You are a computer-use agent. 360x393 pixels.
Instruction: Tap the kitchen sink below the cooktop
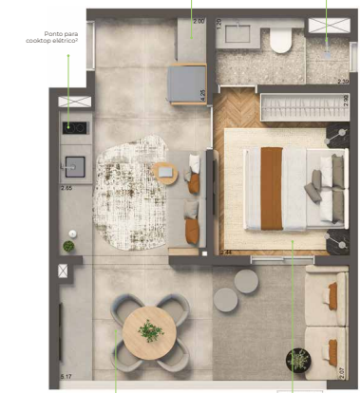[73, 167]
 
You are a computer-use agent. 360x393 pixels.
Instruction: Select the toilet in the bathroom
[282, 39]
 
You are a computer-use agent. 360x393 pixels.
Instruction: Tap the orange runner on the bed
[272, 188]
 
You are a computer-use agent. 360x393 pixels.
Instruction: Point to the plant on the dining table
[149, 331]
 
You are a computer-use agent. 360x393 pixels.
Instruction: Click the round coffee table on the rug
[164, 174]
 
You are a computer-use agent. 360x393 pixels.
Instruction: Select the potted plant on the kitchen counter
[68, 246]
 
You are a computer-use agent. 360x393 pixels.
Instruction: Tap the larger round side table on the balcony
[246, 281]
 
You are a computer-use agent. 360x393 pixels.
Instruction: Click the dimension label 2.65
[66, 189]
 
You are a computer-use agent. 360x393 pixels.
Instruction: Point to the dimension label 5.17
[66, 379]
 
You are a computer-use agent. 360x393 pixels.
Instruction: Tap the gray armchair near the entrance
[187, 84]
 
